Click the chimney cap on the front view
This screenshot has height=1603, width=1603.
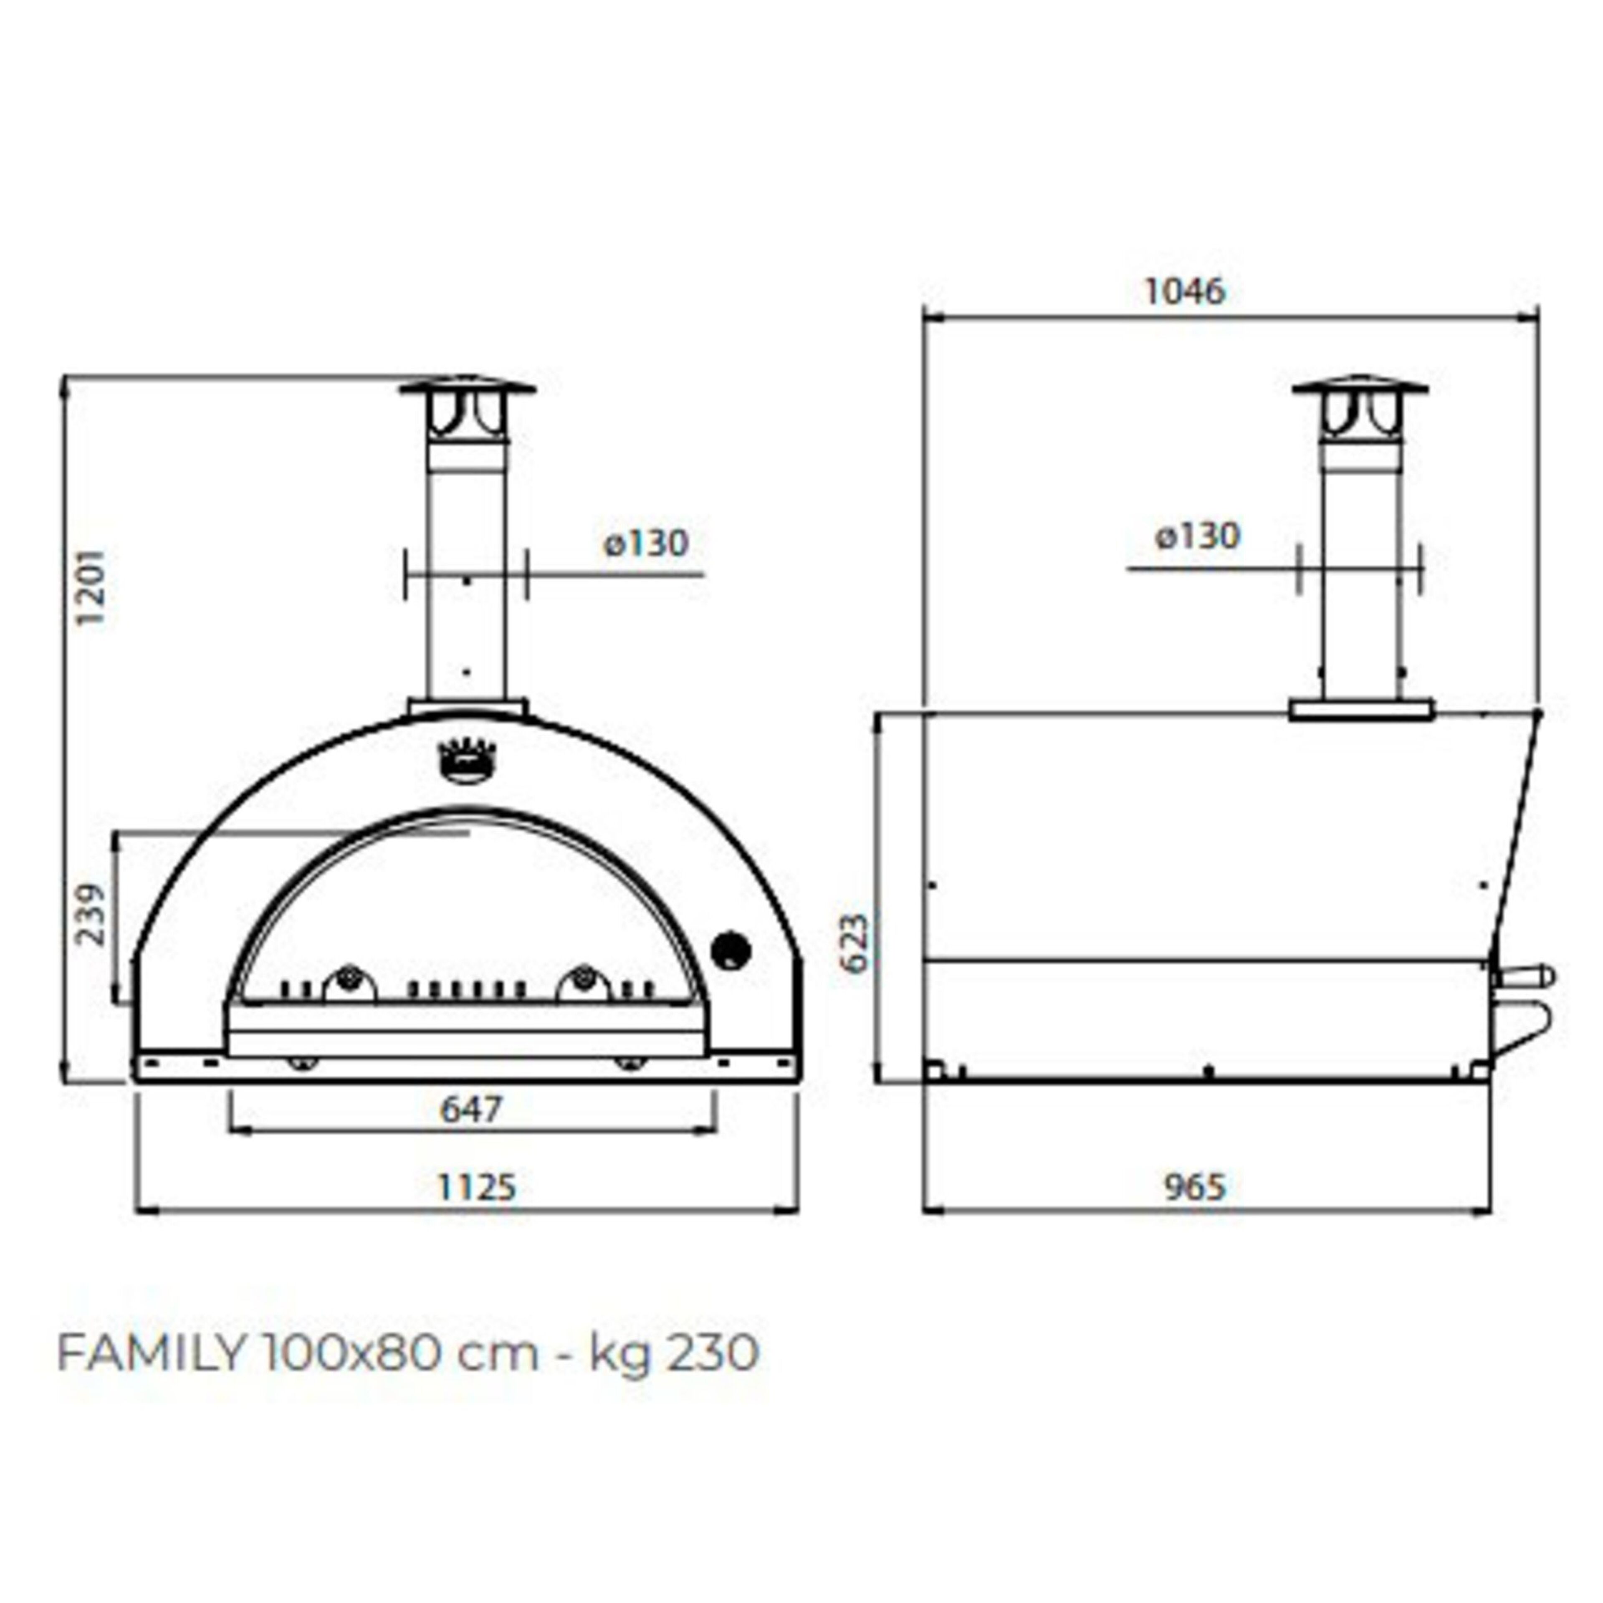point(467,388)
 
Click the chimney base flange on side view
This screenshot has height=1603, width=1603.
point(1361,710)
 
